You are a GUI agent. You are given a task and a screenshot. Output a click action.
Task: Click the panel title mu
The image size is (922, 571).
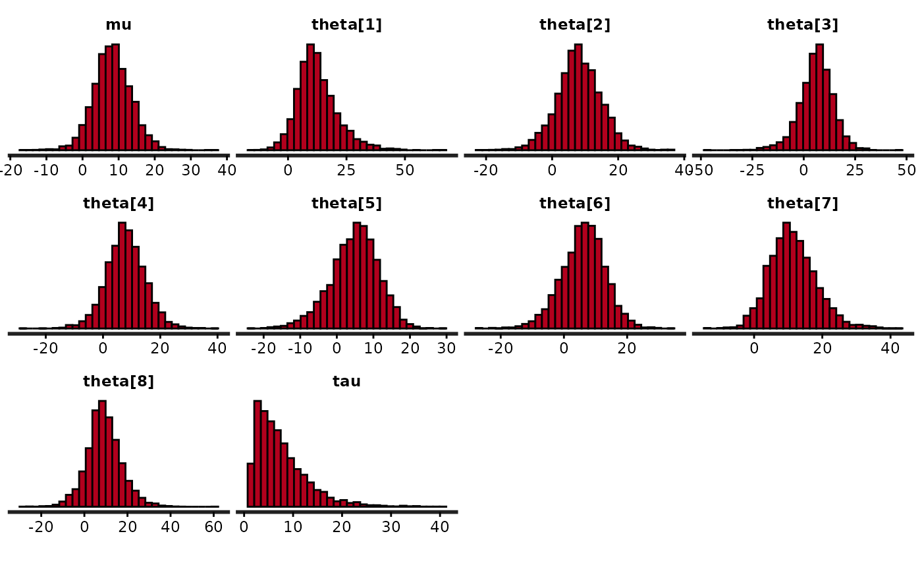pos(119,25)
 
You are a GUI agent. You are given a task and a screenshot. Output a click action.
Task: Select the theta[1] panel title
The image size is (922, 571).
pos(346,25)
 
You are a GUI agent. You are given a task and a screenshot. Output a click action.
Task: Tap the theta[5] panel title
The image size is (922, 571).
pos(346,203)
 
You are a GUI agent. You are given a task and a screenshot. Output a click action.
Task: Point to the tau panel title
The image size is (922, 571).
pos(346,381)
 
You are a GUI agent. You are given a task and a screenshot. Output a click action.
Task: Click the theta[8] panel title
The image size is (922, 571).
pos(119,381)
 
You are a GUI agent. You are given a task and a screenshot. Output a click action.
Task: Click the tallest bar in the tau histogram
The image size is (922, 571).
pos(258,455)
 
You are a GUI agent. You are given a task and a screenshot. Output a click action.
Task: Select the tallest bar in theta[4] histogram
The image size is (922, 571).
pos(122,276)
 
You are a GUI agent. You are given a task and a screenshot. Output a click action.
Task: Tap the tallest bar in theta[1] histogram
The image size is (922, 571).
pos(310,98)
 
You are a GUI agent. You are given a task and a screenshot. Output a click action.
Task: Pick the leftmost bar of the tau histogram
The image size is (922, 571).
pos(250,486)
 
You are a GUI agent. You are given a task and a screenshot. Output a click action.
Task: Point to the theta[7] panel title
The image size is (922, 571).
pos(802,203)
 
